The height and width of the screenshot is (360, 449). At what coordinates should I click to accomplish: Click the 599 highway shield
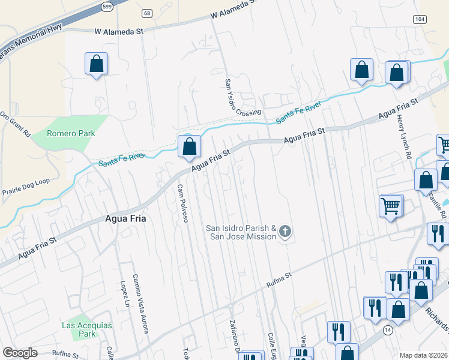(x=107, y=7)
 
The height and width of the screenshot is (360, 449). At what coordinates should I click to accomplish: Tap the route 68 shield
(x=147, y=13)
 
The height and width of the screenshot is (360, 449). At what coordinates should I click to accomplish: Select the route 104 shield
(x=420, y=19)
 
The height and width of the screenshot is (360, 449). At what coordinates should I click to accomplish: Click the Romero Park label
(x=71, y=133)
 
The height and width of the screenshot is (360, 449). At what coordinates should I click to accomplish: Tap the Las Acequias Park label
(x=79, y=329)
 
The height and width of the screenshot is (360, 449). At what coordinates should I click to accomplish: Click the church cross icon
(x=285, y=232)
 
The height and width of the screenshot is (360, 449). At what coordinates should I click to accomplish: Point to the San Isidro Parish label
(x=241, y=232)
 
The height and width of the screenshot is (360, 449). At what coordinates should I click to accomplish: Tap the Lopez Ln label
(x=124, y=294)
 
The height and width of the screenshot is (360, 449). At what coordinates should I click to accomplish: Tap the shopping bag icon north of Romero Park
(x=96, y=64)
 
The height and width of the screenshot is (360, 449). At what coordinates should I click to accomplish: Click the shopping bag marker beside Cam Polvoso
(x=190, y=146)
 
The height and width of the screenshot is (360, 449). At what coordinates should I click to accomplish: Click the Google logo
(x=20, y=353)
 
